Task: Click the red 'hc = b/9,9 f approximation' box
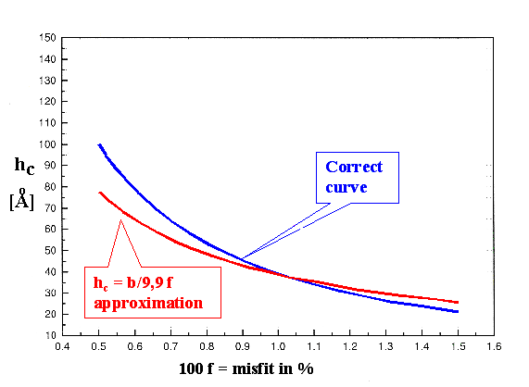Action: tap(154, 292)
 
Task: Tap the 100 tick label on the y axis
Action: tap(44, 144)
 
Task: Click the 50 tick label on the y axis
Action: tap(46, 250)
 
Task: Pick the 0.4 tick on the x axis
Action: tap(63, 348)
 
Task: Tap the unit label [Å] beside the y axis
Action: tap(22, 200)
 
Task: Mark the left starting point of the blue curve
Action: tap(98, 144)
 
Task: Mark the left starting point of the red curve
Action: tap(98, 193)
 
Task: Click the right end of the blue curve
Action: tap(458, 312)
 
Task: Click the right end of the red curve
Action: tap(458, 303)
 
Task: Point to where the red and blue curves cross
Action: tap(289, 277)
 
